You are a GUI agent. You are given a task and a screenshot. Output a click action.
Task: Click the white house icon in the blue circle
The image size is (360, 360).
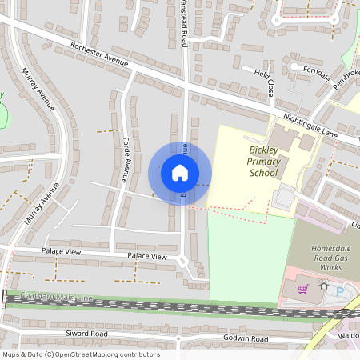tap(180, 173)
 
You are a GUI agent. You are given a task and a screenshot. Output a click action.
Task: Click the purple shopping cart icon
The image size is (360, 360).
tap(303, 288)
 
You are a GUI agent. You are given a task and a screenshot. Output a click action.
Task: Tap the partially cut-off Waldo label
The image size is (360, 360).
tap(349, 335)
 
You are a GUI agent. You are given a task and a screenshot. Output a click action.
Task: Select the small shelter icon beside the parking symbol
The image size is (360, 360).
tap(324, 286)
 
